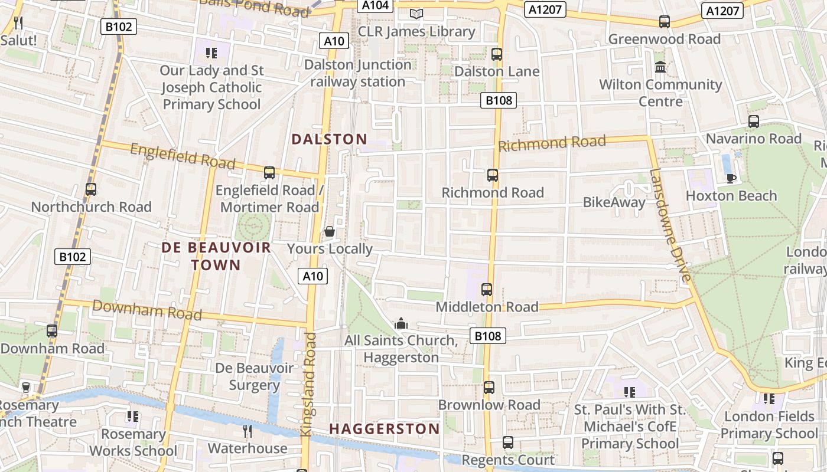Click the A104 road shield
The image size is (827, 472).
click(x=375, y=5)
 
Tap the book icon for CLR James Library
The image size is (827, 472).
click(x=416, y=14)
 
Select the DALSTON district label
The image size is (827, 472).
click(x=329, y=139)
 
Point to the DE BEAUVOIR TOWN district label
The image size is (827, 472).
click(x=216, y=256)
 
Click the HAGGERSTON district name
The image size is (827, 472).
click(x=385, y=429)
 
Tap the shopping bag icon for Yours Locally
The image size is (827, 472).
click(x=330, y=231)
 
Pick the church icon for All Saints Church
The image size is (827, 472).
click(x=401, y=323)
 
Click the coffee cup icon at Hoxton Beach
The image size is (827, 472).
click(x=731, y=178)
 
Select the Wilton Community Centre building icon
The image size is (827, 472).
click(x=660, y=67)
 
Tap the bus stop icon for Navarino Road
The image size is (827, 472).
click(x=754, y=122)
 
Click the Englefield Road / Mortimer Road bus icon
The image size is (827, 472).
click(x=269, y=173)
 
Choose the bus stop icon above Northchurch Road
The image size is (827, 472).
click(x=91, y=189)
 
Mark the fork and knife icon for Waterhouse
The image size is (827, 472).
click(x=248, y=431)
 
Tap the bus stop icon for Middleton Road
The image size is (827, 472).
click(x=487, y=290)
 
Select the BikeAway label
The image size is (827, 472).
click(x=614, y=202)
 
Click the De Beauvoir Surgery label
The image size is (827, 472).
click(x=254, y=376)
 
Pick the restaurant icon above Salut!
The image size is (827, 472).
click(x=18, y=23)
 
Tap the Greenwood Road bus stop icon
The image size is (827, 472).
click(x=665, y=22)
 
